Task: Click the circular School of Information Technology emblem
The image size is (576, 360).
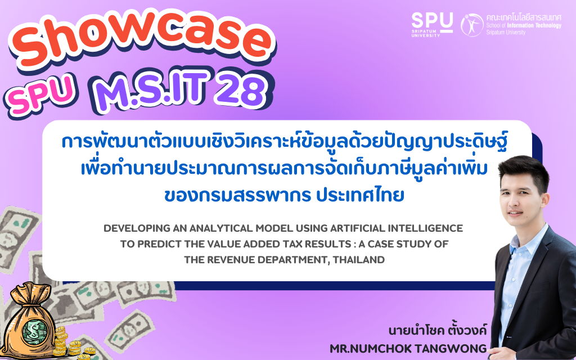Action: (472, 25)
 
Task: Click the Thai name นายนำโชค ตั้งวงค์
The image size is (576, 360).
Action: (437, 330)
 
